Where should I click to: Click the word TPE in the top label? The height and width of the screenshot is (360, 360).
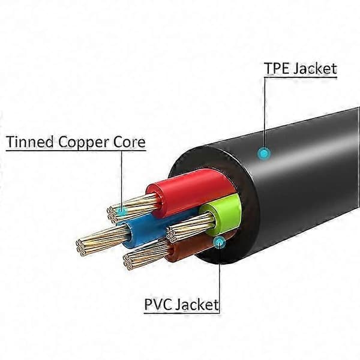pyautogui.click(x=277, y=68)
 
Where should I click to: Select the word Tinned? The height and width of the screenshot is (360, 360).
pyautogui.click(x=31, y=142)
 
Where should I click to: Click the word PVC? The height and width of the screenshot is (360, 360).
pyautogui.click(x=158, y=304)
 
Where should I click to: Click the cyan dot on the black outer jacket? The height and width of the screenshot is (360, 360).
pyautogui.click(x=264, y=153)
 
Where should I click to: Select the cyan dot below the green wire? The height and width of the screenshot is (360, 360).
pyautogui.click(x=219, y=242)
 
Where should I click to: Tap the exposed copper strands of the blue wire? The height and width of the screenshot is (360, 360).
pyautogui.click(x=101, y=240)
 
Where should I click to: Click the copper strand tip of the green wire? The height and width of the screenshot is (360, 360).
pyautogui.click(x=170, y=235)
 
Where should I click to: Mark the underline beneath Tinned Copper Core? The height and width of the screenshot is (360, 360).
pyautogui.click(x=76, y=151)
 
